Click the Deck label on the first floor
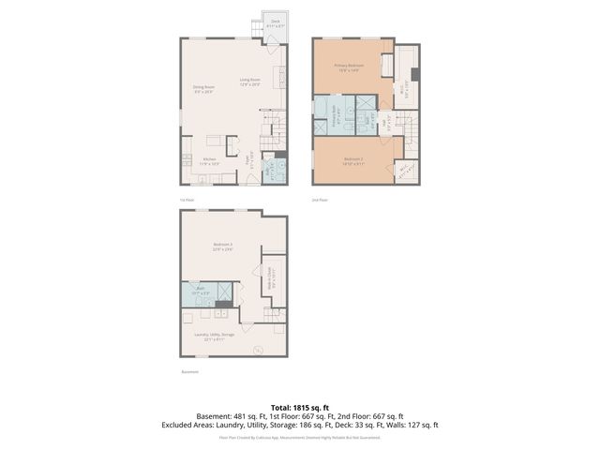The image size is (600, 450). tap(276, 22)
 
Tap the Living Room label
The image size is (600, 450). tap(249, 82)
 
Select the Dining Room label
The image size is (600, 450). tap(203, 89)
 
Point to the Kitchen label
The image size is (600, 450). tap(210, 160)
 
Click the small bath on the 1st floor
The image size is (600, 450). tap(272, 171)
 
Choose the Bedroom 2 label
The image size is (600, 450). tap(352, 160)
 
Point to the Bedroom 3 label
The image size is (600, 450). tap(222, 247)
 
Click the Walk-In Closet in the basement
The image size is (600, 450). tap(272, 275)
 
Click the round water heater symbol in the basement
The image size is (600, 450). tap(259, 351)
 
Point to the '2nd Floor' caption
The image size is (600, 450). tap(320, 200)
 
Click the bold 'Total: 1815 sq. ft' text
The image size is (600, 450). tap(300, 406)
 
